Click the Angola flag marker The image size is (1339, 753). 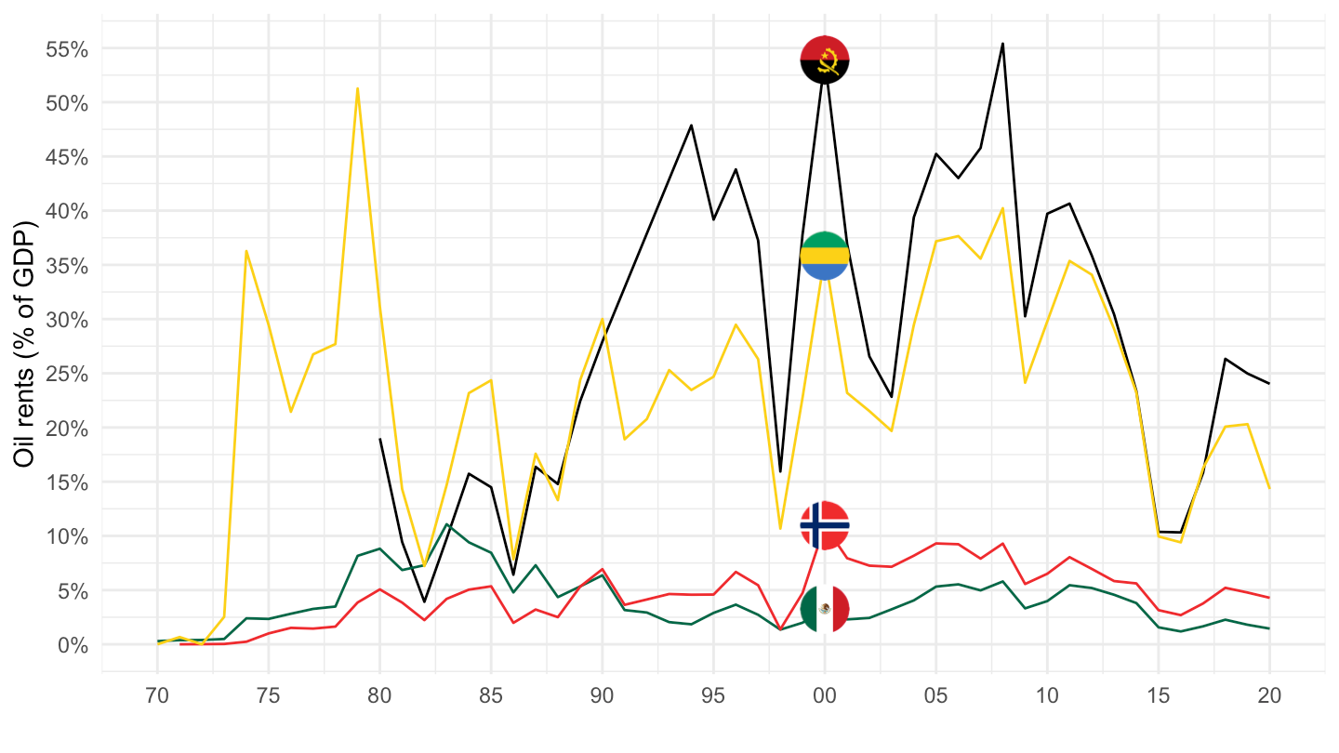pos(825,59)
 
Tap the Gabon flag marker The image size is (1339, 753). pos(825,256)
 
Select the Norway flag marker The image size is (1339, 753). pos(825,525)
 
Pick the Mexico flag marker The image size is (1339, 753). pos(825,609)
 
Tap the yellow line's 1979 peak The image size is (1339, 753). pos(358,88)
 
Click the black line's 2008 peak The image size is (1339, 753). pos(1002,43)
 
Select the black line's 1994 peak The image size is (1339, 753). pos(691,125)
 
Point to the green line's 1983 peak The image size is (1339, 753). pos(447,524)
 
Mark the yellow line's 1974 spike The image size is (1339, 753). pos(246,250)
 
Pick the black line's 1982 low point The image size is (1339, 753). pos(424,601)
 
